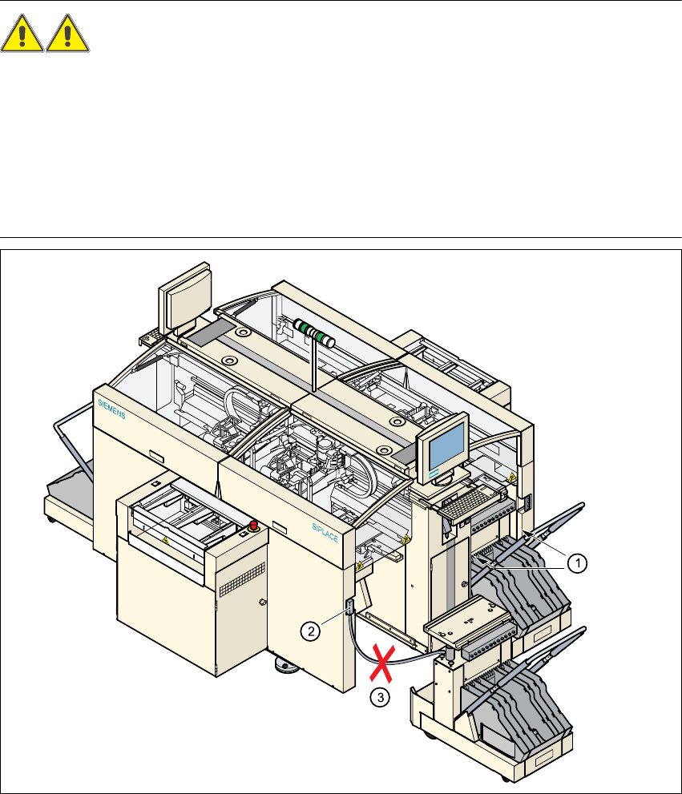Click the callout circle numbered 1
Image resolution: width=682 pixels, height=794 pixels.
pos(577,563)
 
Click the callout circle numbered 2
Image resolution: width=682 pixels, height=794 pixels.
pos(310,631)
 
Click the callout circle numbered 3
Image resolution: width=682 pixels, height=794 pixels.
pos(380,697)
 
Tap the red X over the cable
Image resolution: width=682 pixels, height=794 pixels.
pos(381,663)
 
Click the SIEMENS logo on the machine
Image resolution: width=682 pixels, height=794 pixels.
pos(111,409)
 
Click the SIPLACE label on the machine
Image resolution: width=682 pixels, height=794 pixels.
pos(325,533)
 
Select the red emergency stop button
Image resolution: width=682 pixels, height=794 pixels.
pos(253,525)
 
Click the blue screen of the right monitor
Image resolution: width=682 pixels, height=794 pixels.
pos(446,446)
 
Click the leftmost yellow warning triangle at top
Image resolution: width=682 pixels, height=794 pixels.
pos(22,34)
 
